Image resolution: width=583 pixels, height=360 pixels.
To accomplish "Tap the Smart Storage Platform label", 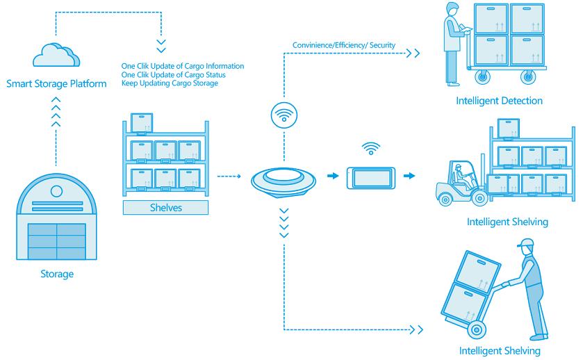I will pyautogui.click(x=56, y=85).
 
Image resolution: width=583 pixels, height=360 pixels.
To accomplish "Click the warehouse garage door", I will pyautogui.click(x=56, y=239).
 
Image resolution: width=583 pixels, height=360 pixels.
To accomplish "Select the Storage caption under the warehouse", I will pyautogui.click(x=56, y=274).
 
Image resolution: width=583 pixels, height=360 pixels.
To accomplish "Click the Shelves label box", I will pyautogui.click(x=165, y=208).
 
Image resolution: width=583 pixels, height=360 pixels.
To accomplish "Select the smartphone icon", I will pyautogui.click(x=372, y=178).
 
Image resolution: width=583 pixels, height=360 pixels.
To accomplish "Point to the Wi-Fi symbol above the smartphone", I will pyautogui.click(x=372, y=148).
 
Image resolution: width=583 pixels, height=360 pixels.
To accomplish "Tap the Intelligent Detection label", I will pyautogui.click(x=499, y=101).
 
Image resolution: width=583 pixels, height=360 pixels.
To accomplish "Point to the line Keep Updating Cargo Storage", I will pyautogui.click(x=170, y=83).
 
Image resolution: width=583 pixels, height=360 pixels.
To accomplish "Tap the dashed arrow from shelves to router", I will pyautogui.click(x=229, y=177).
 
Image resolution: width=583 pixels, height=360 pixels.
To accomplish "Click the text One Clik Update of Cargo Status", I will pyautogui.click(x=169, y=74).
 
